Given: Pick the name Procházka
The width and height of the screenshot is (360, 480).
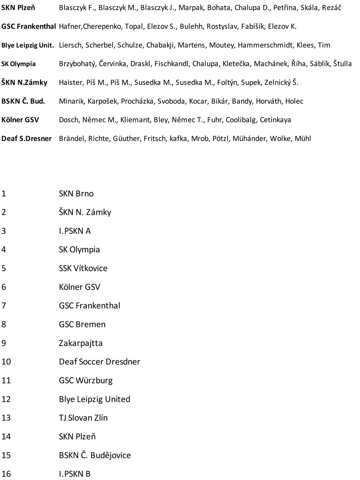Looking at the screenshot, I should point(139,101).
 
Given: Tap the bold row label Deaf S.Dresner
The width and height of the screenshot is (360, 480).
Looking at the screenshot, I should point(27,139).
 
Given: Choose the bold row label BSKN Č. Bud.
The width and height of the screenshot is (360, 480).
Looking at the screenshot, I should point(23,101).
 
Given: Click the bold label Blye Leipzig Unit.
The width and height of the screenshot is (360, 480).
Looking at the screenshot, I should point(28,45).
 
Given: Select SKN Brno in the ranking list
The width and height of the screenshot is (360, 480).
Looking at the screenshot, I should point(76,193).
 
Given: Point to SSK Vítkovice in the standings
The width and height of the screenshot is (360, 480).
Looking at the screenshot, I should point(83,268).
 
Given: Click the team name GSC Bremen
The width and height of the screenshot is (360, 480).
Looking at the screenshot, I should point(82,324).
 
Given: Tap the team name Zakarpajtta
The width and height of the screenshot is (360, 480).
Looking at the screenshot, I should point(81,343).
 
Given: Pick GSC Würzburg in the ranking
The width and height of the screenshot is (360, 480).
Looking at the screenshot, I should point(86,381).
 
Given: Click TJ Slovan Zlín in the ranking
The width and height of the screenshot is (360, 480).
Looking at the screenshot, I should point(83,418).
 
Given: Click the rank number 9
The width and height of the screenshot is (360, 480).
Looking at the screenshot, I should point(4,343).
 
